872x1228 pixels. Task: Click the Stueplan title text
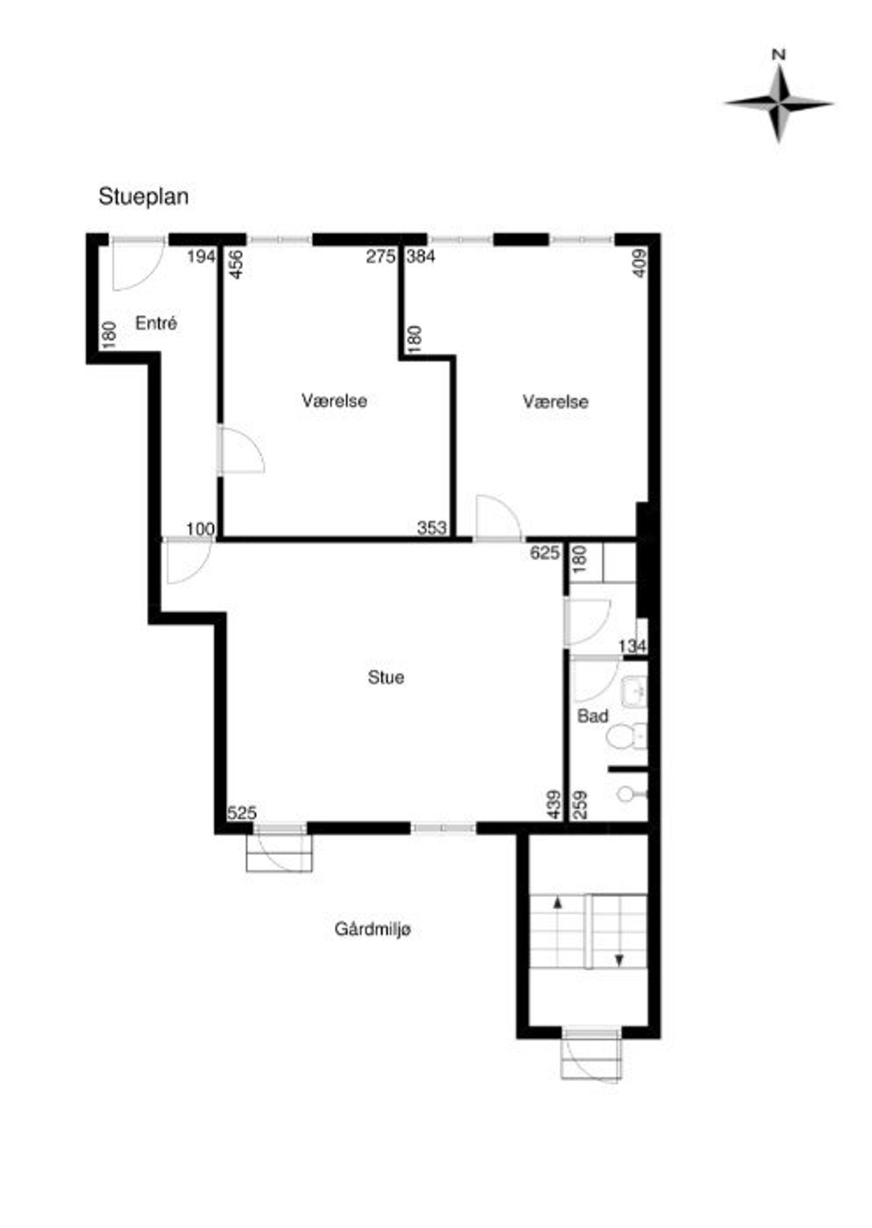143,197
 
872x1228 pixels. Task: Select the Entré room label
156,323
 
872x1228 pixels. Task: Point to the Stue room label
386,677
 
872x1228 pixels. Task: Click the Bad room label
592,716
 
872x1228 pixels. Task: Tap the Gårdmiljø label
373,929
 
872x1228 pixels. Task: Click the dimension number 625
545,553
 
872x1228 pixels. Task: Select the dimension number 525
241,813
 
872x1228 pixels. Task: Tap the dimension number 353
432,527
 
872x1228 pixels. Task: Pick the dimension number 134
633,646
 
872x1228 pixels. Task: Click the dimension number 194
202,256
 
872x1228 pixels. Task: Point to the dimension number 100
201,529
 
